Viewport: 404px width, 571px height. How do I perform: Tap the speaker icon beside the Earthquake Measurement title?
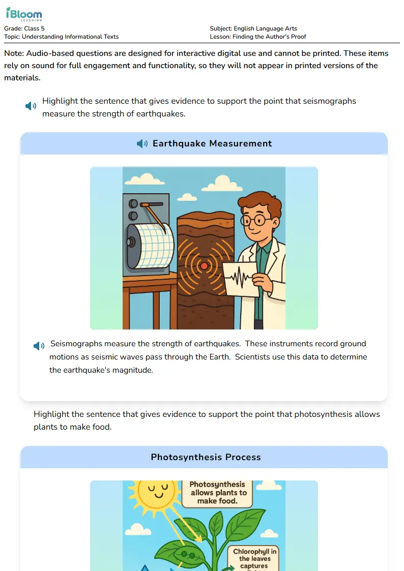click(142, 143)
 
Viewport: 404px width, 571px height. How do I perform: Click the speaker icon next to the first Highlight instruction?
click(31, 106)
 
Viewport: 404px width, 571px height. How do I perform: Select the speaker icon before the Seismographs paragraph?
click(39, 346)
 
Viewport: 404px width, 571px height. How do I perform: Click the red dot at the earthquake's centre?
click(204, 266)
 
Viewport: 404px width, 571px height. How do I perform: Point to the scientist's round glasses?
click(255, 220)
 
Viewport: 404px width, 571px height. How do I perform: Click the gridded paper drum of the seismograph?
click(151, 246)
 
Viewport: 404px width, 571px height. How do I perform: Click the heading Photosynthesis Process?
click(206, 457)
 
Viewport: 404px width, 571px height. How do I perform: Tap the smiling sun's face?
click(158, 490)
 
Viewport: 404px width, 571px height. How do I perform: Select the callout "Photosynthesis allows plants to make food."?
click(218, 493)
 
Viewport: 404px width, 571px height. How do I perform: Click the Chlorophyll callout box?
click(254, 558)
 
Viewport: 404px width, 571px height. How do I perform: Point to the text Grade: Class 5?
click(24, 28)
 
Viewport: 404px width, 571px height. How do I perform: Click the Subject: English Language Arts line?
click(253, 28)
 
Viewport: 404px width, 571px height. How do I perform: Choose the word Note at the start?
click(14, 53)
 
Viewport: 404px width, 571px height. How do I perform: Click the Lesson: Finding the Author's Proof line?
click(257, 37)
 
